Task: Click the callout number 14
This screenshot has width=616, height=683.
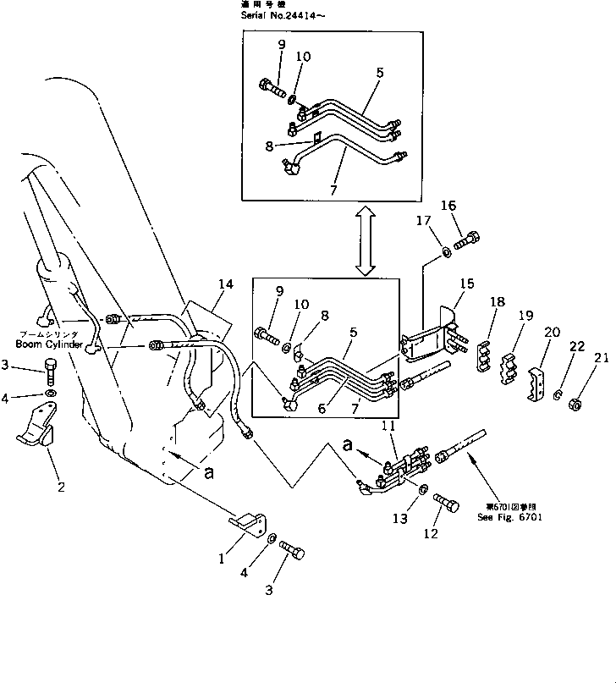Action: [x=224, y=285]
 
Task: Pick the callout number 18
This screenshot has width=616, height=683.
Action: [x=497, y=301]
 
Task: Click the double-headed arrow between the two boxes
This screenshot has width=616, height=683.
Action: [x=365, y=241]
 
